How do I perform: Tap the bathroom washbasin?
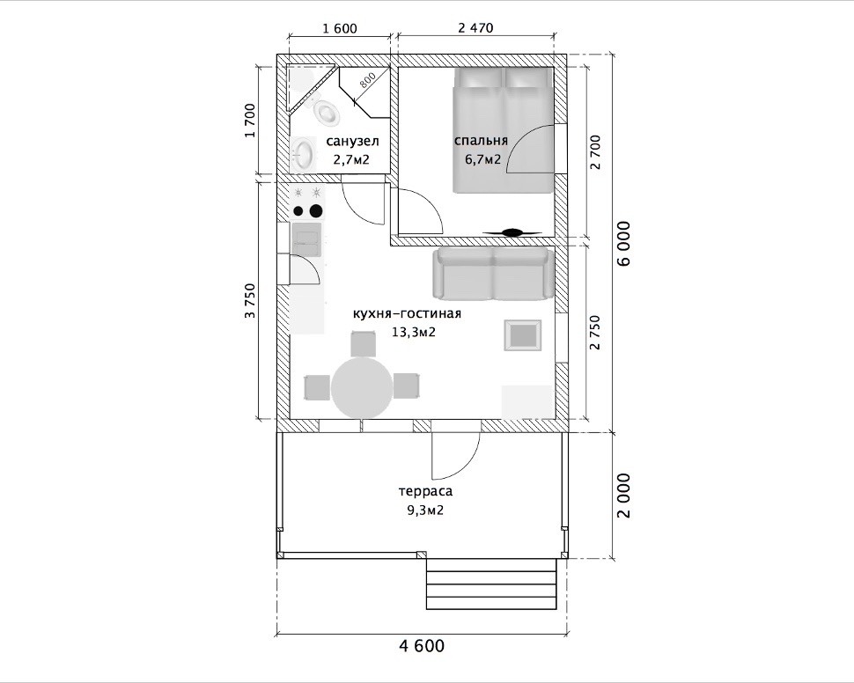tap(302, 154)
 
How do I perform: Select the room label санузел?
tap(352, 142)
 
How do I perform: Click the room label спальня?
tap(481, 141)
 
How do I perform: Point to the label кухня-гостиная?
tap(407, 314)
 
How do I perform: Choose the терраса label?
tap(425, 491)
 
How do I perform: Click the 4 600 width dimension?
tap(422, 646)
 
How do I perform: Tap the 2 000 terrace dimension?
tap(624, 496)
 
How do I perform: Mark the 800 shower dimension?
tap(367, 81)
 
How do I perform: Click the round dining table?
tap(362, 388)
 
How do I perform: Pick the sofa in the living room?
tap(493, 274)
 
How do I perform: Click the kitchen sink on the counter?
tap(306, 239)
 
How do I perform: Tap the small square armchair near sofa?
tap(523, 335)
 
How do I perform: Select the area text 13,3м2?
tap(414, 332)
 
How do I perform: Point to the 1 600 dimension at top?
tap(340, 28)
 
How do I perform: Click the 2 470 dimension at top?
tap(475, 27)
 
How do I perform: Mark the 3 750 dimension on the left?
tap(249, 300)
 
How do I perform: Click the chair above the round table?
tap(363, 344)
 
